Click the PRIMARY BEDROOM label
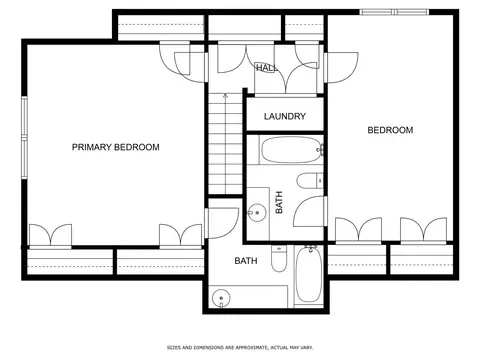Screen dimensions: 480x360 coord(116,147)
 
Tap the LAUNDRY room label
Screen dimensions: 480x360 coord(285,116)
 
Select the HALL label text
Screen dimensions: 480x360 coord(266,68)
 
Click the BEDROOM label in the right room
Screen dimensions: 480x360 coord(390,130)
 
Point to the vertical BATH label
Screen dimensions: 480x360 coord(279,202)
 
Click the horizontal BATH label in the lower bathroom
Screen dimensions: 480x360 coord(246,261)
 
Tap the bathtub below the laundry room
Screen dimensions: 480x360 coord(291,150)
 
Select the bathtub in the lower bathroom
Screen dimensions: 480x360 coord(309,274)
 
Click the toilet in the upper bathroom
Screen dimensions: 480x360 coord(310,181)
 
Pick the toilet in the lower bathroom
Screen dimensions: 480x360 coord(279,258)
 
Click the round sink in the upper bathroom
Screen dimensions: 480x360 coord(257,212)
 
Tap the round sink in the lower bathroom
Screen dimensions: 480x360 coord(221,298)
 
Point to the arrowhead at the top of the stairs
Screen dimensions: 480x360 coord(226,96)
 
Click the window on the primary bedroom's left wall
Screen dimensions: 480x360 coord(24,137)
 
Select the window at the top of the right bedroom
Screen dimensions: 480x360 coord(394,12)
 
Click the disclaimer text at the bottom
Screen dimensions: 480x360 coord(240,348)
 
